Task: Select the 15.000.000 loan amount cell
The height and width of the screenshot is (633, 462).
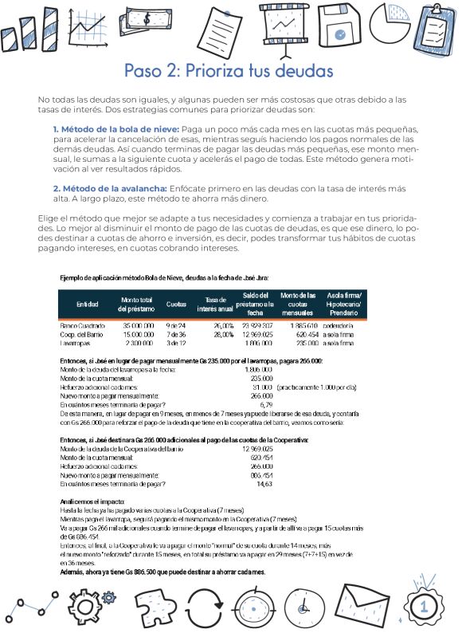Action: pyautogui.click(x=138, y=335)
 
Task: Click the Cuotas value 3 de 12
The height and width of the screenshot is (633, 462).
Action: pyautogui.click(x=175, y=344)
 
